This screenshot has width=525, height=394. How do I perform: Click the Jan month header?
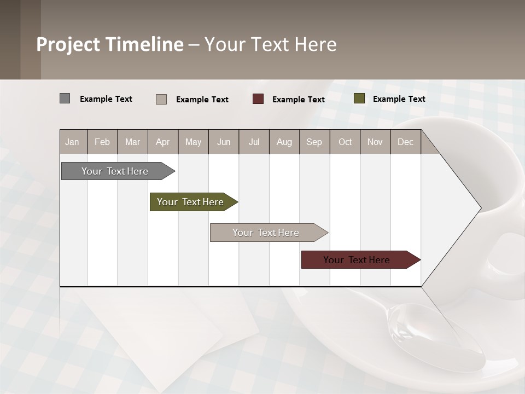pos(72,142)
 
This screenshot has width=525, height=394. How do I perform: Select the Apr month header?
pos(162,142)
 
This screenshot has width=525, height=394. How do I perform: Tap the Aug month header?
pos(284,142)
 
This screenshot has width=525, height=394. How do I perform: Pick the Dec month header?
pos(405,142)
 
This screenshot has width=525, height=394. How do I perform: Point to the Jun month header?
pos(223,142)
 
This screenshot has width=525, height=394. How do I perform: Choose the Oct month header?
pos(345,142)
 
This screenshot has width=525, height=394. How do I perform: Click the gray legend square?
pos(65,99)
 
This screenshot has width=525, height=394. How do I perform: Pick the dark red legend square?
pos(258,99)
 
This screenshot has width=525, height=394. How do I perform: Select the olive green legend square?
pos(359,99)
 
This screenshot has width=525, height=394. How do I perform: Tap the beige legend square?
pos(161,99)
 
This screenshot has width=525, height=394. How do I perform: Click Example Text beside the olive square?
pos(399,99)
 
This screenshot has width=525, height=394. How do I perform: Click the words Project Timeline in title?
pos(109,44)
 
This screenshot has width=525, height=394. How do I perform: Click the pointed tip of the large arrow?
pos(480,208)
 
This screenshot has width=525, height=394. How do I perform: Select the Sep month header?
pos(314,142)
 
